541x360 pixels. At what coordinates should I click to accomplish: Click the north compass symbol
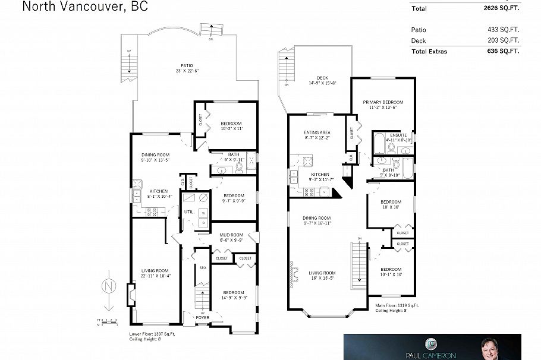click(x=108, y=286)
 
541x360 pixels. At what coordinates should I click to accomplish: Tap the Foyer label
click(x=204, y=318)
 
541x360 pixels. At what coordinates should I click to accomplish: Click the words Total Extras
click(x=429, y=51)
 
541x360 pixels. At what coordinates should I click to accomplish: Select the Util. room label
click(x=190, y=211)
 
